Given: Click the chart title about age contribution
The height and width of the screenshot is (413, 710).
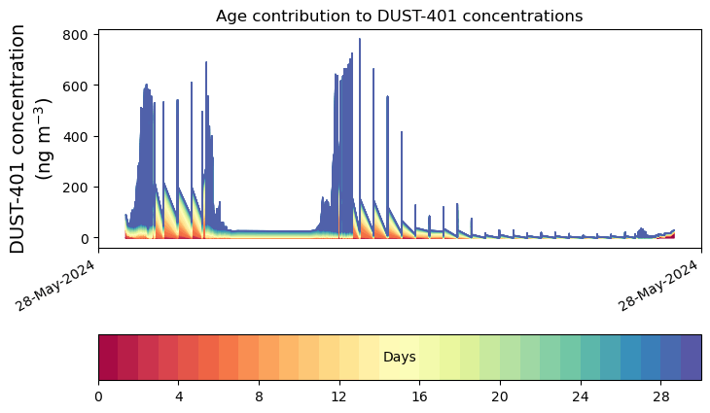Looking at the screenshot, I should pos(399,17).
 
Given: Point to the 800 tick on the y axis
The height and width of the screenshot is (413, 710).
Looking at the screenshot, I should pos(78,35).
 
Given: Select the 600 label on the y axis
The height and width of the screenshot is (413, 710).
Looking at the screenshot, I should pos(78,86).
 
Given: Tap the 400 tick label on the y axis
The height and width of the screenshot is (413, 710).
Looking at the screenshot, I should pos(78,136).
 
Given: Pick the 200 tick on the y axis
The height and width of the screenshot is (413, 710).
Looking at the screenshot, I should pos(78,188).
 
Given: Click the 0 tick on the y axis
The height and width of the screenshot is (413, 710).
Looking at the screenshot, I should pos(86,238).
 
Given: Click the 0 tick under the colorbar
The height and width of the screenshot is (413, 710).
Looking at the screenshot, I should pos(98,397).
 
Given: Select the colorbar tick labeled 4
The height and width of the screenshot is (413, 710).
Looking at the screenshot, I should pos(179,397).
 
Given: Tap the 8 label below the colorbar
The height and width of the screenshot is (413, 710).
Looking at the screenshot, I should pos(259,397).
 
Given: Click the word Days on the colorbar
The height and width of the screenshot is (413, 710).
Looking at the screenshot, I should pos(399,358).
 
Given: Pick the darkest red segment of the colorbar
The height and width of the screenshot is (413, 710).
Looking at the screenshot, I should pos(108,358).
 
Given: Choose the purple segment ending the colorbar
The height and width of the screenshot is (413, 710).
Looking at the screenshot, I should pos(692,358).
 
